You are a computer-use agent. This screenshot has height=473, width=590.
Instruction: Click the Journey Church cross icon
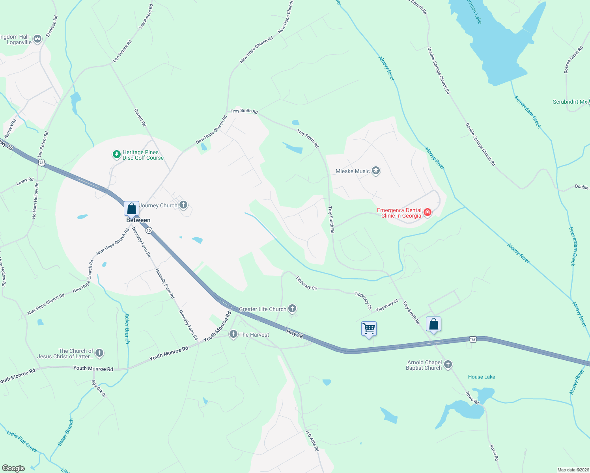click(183, 205)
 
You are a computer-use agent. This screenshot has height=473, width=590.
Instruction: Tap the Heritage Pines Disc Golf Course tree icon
click(116, 155)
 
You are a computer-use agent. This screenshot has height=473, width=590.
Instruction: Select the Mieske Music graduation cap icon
click(376, 171)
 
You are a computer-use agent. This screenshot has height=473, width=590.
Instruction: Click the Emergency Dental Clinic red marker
click(427, 213)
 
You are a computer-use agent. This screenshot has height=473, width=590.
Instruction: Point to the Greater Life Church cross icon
click(292, 309)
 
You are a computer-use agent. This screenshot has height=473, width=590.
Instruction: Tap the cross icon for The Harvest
click(233, 335)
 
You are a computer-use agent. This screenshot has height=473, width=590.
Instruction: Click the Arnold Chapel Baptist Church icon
click(448, 365)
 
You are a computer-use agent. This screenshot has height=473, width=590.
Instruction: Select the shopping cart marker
click(369, 328)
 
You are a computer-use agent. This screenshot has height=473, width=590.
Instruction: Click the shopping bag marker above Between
click(131, 208)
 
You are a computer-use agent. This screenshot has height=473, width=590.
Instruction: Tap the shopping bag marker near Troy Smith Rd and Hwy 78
click(433, 324)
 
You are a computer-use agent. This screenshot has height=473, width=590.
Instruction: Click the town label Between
click(138, 220)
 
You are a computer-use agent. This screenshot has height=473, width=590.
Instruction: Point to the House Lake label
click(482, 377)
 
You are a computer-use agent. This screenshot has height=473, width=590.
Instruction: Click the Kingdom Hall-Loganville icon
click(37, 39)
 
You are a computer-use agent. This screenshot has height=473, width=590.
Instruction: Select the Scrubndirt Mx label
click(570, 102)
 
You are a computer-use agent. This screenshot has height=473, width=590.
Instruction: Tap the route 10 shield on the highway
click(148, 230)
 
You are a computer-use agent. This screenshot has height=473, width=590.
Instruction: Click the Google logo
click(13, 468)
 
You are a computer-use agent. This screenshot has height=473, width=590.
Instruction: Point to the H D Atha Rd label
click(312, 441)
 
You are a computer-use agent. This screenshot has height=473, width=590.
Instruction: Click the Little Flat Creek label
click(22, 441)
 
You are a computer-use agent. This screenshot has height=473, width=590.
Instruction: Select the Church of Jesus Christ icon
click(99, 353)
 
